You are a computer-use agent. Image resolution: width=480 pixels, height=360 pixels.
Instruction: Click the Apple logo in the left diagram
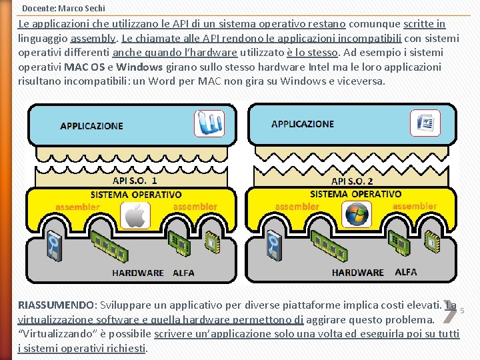point(135,215)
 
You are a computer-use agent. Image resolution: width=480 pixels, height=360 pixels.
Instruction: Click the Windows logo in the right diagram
point(355,215)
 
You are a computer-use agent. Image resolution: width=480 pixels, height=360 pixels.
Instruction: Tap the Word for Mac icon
point(209,124)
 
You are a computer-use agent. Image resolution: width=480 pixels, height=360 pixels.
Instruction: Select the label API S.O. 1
point(135,181)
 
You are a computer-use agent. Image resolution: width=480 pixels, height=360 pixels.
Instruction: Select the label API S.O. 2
point(352,181)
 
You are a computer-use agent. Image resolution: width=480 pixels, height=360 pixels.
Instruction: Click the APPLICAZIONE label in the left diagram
point(91,125)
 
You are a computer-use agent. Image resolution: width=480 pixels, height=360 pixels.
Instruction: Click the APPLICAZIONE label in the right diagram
point(303,124)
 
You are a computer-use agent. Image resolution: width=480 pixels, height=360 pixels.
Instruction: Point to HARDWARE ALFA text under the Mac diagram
point(153,273)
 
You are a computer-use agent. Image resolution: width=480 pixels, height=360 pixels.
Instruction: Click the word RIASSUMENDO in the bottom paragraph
point(57,305)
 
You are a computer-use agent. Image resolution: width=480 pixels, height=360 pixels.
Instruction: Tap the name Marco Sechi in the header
point(81,9)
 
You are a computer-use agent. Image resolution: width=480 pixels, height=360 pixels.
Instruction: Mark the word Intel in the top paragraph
point(321,67)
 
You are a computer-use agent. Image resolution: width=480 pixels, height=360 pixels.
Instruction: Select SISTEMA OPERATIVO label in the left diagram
point(136,195)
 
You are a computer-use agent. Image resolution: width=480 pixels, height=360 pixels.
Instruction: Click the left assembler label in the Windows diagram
point(297,207)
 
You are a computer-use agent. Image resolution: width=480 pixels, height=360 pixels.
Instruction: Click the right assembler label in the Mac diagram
point(195,207)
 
